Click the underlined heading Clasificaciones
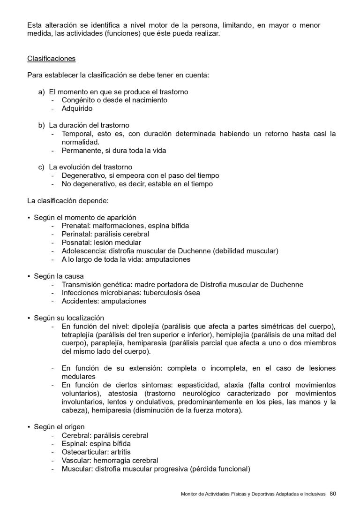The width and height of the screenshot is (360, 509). pyautogui.click(x=51, y=59)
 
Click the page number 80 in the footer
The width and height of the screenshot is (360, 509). pyautogui.click(x=333, y=493)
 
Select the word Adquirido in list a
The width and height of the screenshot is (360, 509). pyautogui.click(x=77, y=108)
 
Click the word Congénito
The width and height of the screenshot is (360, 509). pyautogui.click(x=78, y=100)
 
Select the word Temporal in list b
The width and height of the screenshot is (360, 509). pyautogui.click(x=76, y=134)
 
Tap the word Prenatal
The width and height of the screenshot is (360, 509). pyautogui.click(x=75, y=226)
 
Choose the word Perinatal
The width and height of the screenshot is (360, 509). pyautogui.click(x=76, y=234)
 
